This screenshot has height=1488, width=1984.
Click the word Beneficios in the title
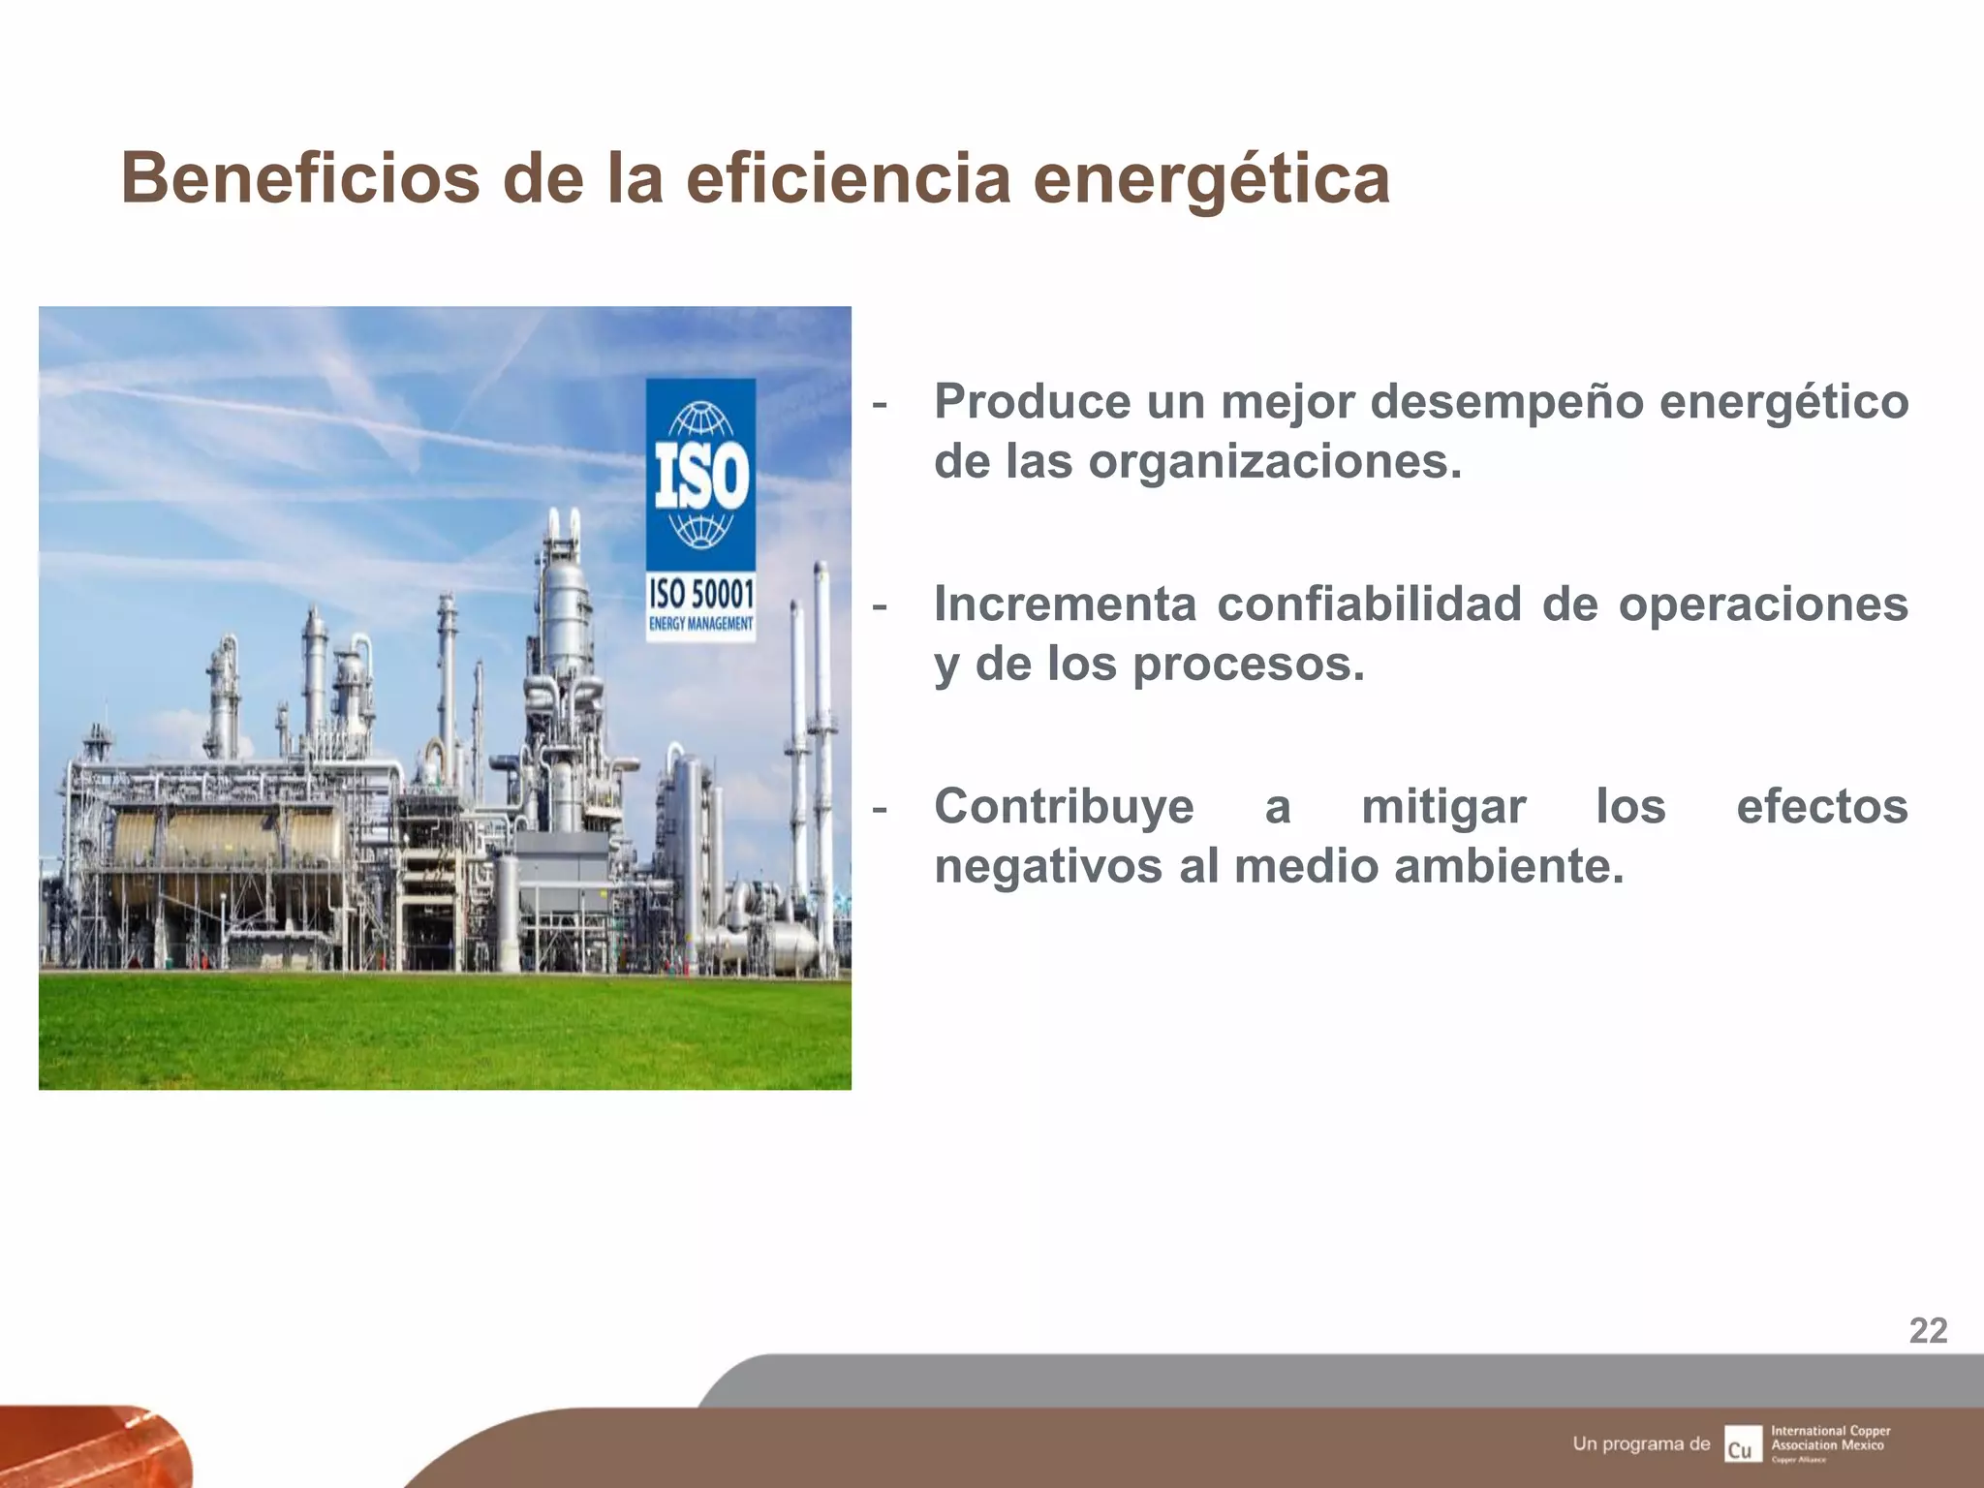point(300,179)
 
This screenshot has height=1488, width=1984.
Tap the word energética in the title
point(1211,181)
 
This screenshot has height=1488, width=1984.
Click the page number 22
point(1928,1331)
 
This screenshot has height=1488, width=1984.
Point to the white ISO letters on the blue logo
point(701,476)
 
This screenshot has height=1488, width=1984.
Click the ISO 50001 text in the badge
point(700,594)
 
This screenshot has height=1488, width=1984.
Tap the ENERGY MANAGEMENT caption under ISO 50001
point(700,624)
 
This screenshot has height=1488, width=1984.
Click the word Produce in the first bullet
point(1032,401)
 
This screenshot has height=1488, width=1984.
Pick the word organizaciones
point(1274,462)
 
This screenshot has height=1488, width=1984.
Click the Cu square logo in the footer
point(1743,1443)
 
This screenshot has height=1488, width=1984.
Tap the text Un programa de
point(1641,1443)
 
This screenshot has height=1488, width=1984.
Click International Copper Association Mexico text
point(1830,1439)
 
